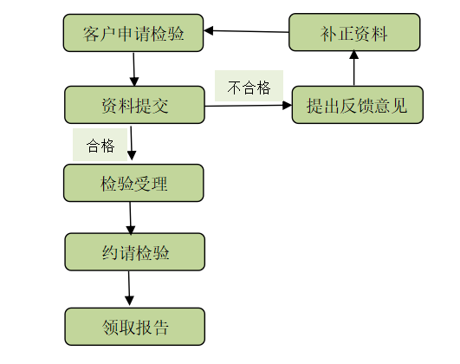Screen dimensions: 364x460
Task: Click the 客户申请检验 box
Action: (x=133, y=33)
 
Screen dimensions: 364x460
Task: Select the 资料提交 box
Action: (x=133, y=105)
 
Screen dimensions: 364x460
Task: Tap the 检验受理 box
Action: (x=133, y=183)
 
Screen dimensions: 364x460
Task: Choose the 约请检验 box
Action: (x=134, y=252)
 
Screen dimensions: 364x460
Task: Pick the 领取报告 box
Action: (x=134, y=327)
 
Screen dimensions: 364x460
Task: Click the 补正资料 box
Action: (x=354, y=33)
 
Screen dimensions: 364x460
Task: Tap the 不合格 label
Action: (x=249, y=88)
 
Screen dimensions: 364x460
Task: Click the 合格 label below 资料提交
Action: (x=100, y=145)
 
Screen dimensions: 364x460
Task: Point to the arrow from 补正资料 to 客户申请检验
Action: (x=246, y=31)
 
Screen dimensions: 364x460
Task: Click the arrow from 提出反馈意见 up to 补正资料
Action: (x=354, y=68)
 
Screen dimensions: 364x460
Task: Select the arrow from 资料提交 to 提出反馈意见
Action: (x=248, y=106)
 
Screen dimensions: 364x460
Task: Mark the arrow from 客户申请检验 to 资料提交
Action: (x=134, y=68)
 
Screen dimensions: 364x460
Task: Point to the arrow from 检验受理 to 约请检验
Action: (x=131, y=218)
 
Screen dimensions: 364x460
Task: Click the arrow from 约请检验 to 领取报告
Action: (x=129, y=288)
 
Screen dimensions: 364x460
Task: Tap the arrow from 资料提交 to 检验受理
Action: (x=132, y=143)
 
